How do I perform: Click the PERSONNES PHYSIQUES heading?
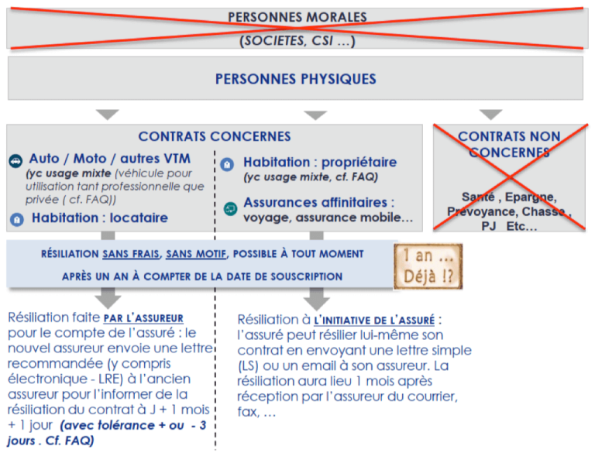[296, 79]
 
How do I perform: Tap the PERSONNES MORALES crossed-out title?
[297, 17]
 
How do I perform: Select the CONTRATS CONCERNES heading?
[215, 136]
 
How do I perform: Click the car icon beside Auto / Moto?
[15, 161]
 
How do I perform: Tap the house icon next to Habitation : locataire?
[17, 219]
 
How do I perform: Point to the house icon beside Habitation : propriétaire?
[227, 164]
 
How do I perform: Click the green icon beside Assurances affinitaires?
[230, 208]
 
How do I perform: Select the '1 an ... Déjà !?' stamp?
[428, 266]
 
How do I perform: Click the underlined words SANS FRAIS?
[131, 254]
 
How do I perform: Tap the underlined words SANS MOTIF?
[196, 254]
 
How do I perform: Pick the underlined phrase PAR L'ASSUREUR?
[143, 318]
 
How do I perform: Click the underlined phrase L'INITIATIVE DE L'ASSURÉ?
[374, 320]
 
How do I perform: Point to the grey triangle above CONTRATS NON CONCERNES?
[490, 115]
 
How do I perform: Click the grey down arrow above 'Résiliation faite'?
[108, 298]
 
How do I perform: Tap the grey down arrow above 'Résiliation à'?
[316, 299]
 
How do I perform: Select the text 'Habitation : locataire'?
[100, 218]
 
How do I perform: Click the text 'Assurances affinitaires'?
[315, 202]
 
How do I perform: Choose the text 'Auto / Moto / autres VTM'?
[110, 158]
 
